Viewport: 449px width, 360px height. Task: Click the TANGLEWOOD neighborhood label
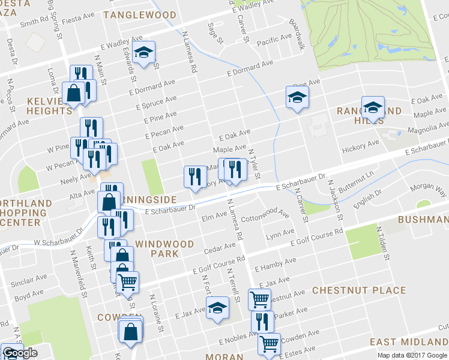[140, 15]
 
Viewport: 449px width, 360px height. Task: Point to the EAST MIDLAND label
[408, 342]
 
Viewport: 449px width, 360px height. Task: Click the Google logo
[19, 353]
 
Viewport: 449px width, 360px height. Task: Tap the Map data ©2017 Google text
[412, 355]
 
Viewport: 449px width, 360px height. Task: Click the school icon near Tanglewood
[143, 53]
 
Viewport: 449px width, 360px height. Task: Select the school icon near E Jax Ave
[217, 308]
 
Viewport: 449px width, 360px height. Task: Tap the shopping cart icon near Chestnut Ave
[259, 298]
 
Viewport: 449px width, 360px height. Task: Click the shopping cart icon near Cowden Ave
[269, 343]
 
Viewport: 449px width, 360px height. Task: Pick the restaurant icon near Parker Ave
[262, 321]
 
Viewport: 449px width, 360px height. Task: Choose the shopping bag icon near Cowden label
[131, 331]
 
